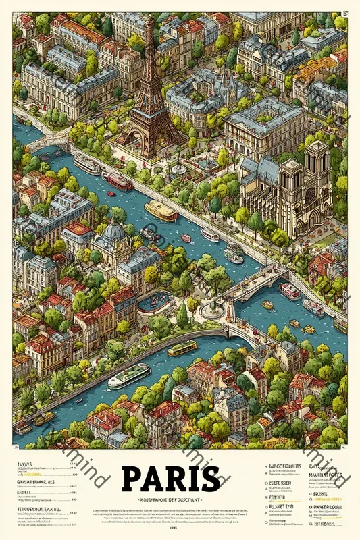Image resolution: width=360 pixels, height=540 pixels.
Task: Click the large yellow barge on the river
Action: pos(161,210)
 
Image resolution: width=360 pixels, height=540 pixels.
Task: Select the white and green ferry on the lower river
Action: pos(129,375)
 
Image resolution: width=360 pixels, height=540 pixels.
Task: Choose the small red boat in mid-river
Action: pos(186,238)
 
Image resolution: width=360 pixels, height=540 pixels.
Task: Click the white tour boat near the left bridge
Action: pos(86,164)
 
